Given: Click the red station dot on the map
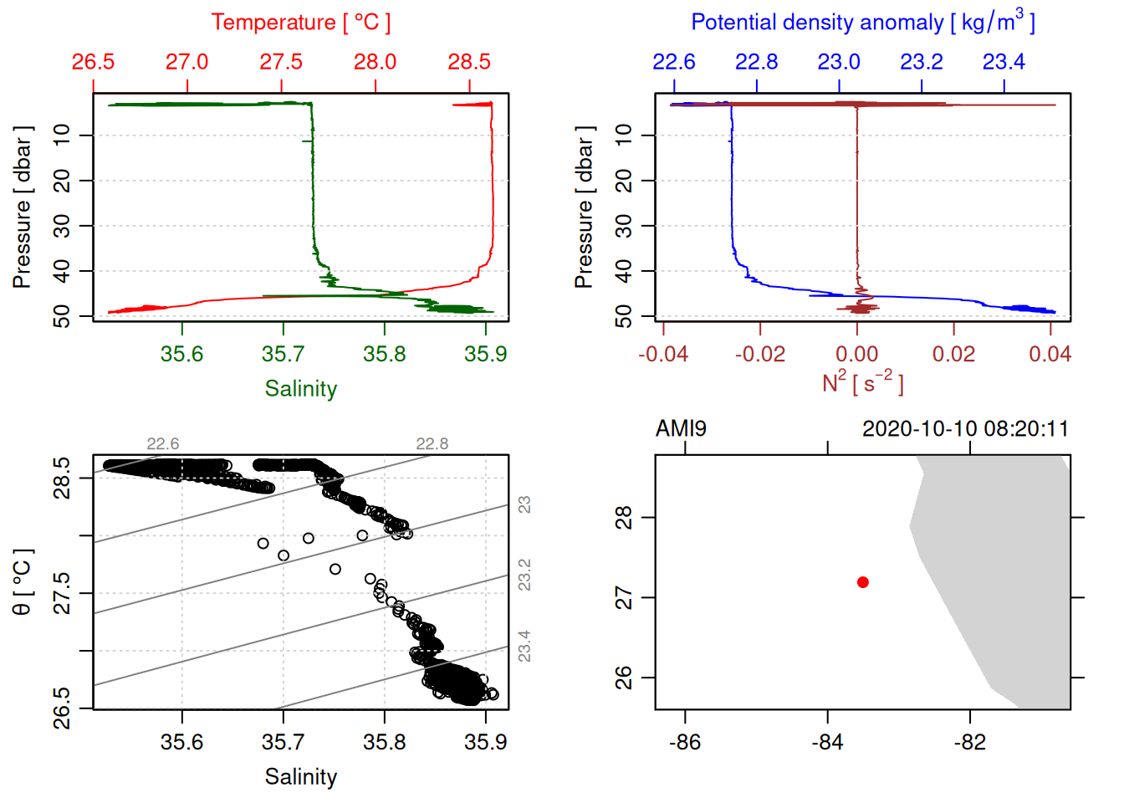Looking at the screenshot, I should (863, 582).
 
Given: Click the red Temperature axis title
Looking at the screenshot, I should (300, 23).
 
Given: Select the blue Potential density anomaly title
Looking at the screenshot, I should (862, 22).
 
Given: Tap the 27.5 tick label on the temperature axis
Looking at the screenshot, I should (281, 62).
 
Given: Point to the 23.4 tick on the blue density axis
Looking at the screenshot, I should (1004, 62).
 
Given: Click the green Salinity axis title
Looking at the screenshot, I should (301, 389).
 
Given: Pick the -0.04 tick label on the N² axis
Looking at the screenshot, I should (663, 355).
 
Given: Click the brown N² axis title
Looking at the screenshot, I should (862, 383).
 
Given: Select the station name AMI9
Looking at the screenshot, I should (681, 429).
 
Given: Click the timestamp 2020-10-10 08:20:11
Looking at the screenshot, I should (965, 429).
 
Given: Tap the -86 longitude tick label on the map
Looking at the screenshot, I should (685, 742).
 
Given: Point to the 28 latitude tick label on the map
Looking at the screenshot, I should (625, 518).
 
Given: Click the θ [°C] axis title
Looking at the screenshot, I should (23, 582).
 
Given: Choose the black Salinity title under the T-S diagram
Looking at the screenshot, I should (301, 777).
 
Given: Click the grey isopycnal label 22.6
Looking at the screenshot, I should (162, 444).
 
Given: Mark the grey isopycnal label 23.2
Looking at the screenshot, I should (524, 575).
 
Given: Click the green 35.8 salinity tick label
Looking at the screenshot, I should (385, 355).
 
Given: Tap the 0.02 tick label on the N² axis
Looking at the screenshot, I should (953, 355).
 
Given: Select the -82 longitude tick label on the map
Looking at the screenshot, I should (970, 742).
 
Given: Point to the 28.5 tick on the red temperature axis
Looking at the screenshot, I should (469, 62).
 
